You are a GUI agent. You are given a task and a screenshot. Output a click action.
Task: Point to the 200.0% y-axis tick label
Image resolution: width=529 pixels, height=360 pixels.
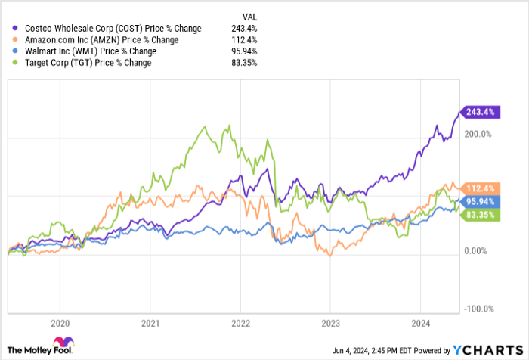coord(477,134)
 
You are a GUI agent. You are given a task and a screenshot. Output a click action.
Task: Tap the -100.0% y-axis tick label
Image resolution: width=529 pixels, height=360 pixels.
coord(477,309)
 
